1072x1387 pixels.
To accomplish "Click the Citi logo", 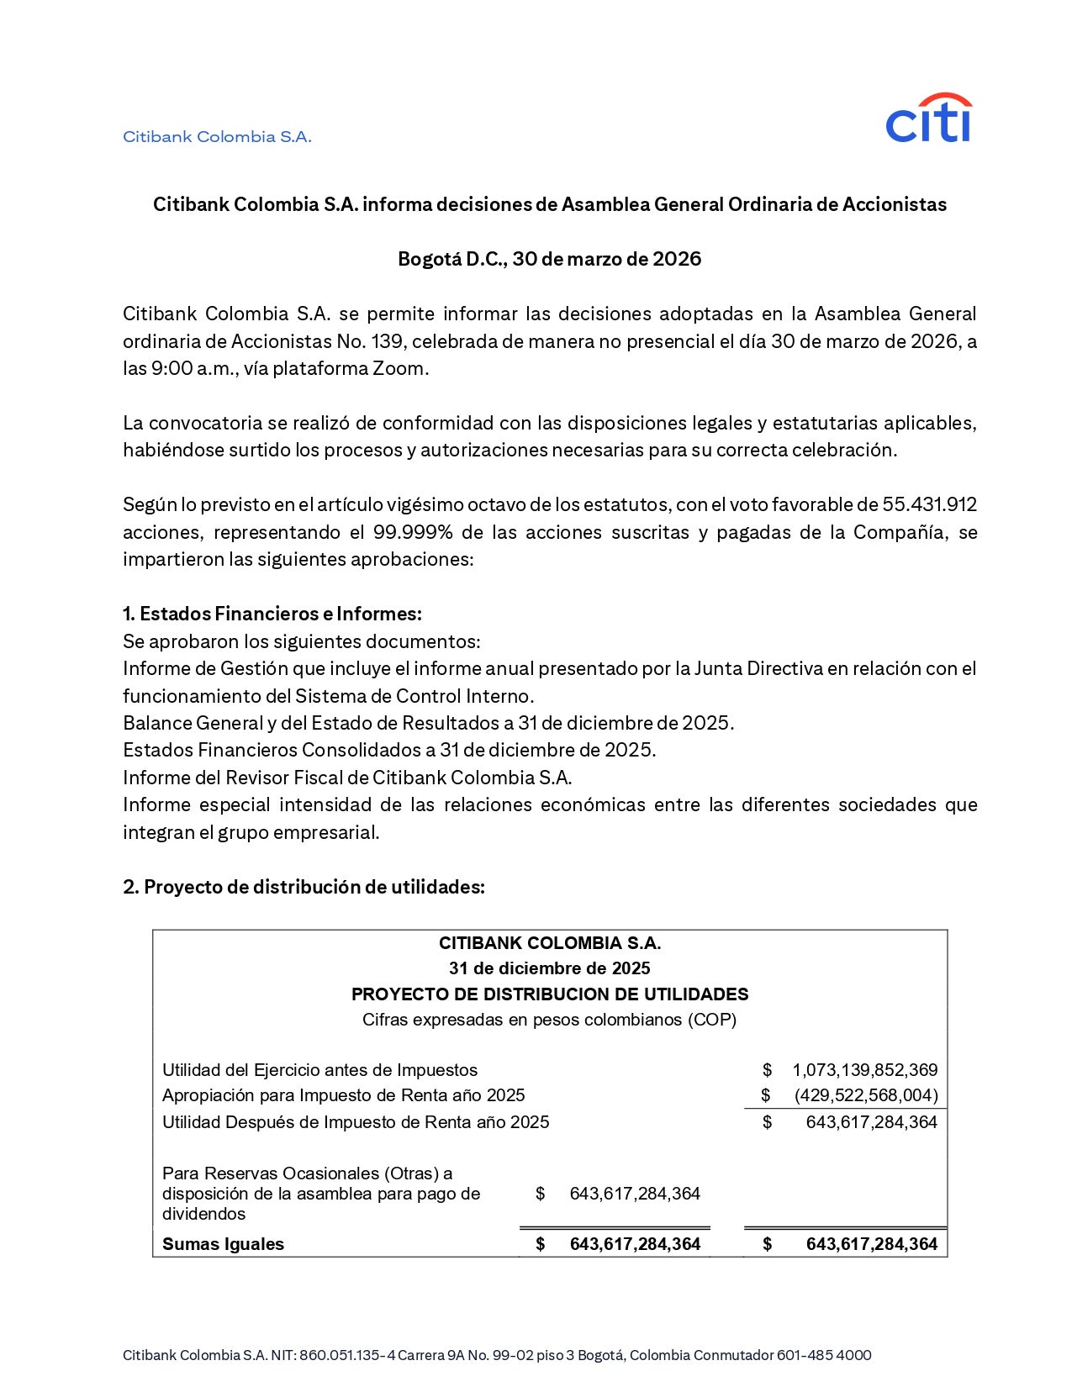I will (x=928, y=119).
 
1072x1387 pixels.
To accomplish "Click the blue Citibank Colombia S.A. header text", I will (x=217, y=137).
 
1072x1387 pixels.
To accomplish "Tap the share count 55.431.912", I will (x=929, y=504).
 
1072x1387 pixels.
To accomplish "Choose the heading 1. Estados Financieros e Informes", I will (x=272, y=614).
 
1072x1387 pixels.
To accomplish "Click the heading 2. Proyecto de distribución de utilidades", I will (x=304, y=887).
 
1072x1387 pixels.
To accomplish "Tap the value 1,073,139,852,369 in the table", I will (x=864, y=1070).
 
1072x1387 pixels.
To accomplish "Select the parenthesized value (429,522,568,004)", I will (x=865, y=1095).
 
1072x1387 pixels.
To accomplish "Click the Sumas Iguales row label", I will (x=223, y=1244).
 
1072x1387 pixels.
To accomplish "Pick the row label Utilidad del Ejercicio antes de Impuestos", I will (x=319, y=1070).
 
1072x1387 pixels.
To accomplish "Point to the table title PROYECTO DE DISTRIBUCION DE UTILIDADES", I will (x=550, y=994).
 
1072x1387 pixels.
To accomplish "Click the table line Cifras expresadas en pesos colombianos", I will (x=550, y=1020).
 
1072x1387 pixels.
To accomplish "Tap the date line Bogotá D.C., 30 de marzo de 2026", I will (x=549, y=259).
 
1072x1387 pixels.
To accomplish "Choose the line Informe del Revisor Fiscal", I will (x=347, y=778).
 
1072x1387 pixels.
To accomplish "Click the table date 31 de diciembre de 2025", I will (x=550, y=968).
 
